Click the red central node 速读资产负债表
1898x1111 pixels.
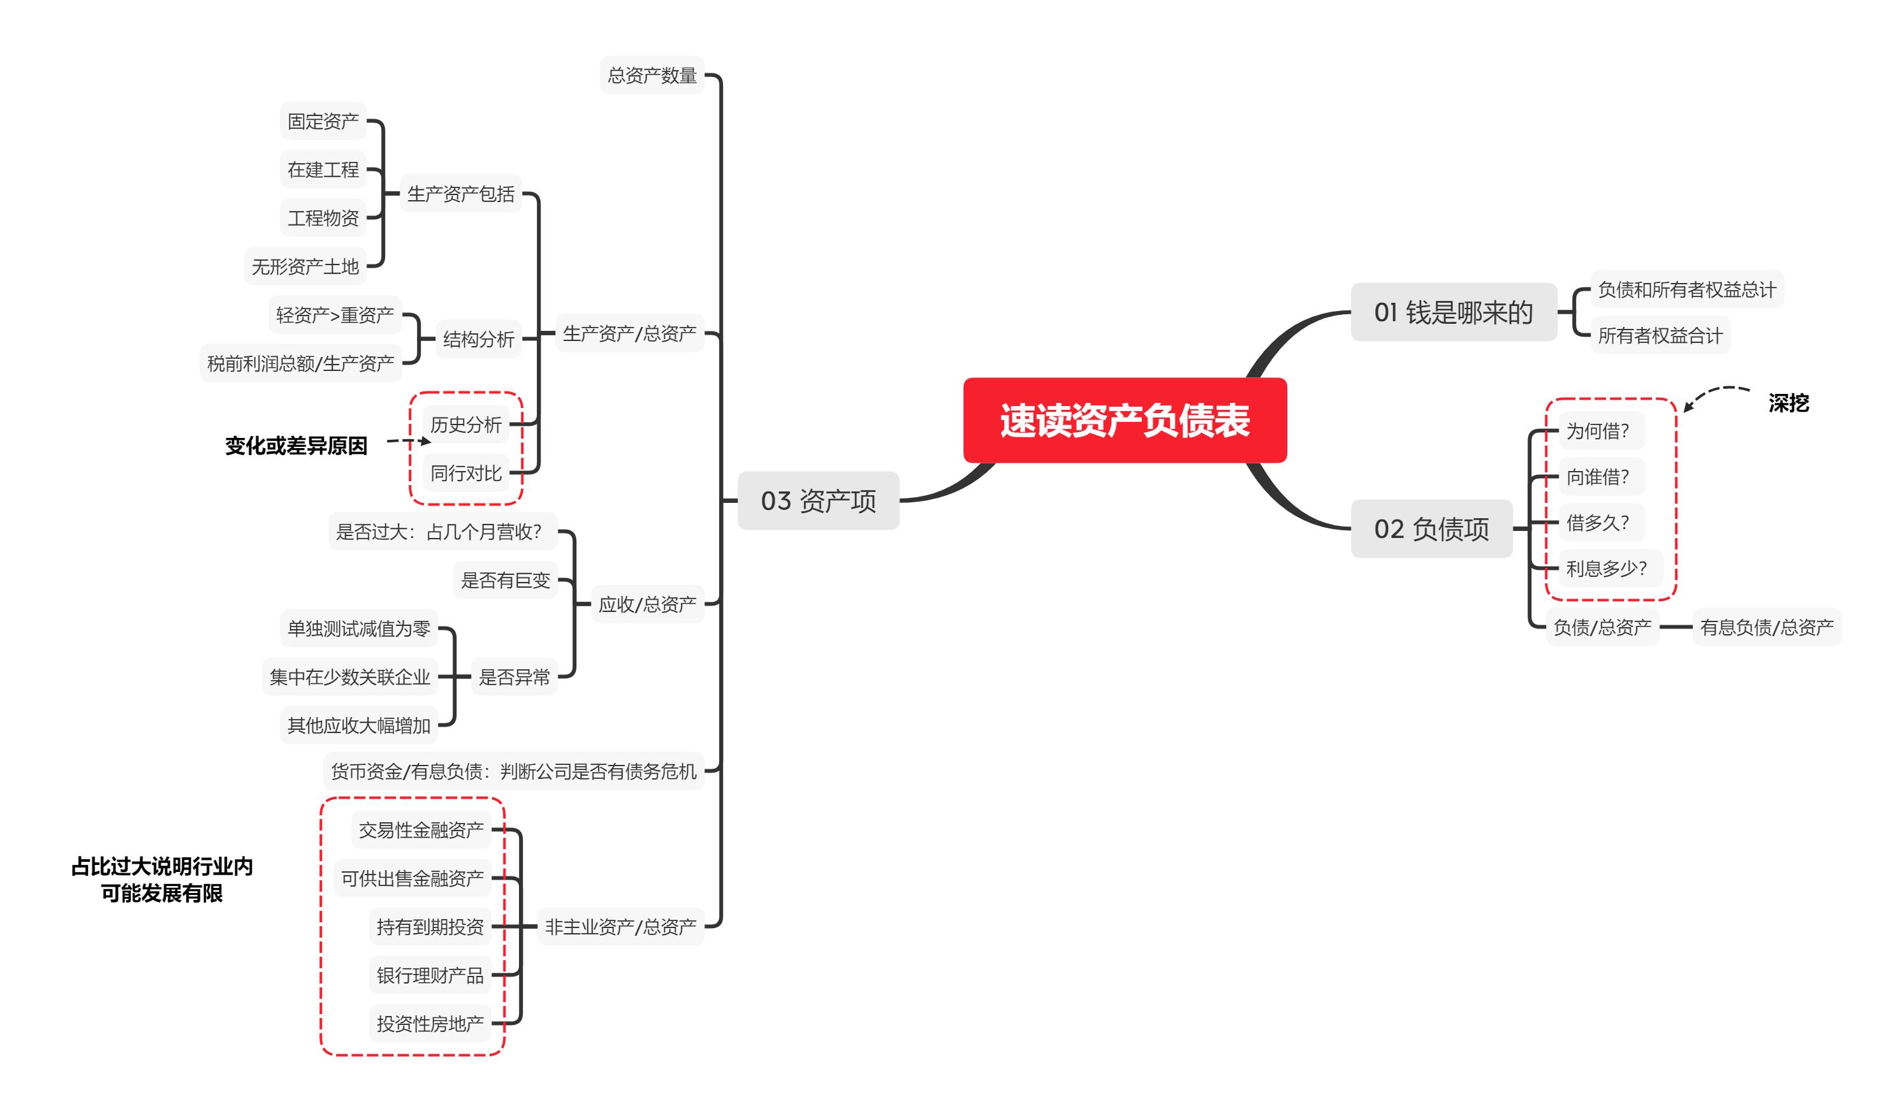point(1125,420)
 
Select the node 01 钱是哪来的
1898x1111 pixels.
point(1453,312)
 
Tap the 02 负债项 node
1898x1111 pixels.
point(1431,529)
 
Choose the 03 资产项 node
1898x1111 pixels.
point(818,501)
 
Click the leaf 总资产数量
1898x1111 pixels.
point(652,75)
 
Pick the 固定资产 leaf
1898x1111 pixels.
point(323,121)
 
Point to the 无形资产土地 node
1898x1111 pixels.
point(305,266)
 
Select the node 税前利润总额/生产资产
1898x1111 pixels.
point(300,364)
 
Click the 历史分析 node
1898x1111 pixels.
point(465,425)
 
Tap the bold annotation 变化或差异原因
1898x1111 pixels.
point(296,446)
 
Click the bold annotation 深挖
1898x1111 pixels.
point(1788,403)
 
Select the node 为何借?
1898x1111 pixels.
point(1598,431)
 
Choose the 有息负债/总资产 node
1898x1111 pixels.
point(1766,627)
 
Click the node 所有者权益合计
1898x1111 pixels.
point(1660,336)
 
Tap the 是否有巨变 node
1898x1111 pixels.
point(506,580)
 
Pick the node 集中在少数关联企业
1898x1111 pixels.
point(349,677)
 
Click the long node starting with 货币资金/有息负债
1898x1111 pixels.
point(514,771)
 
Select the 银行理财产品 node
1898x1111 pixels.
point(430,975)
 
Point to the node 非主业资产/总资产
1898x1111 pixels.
point(620,926)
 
